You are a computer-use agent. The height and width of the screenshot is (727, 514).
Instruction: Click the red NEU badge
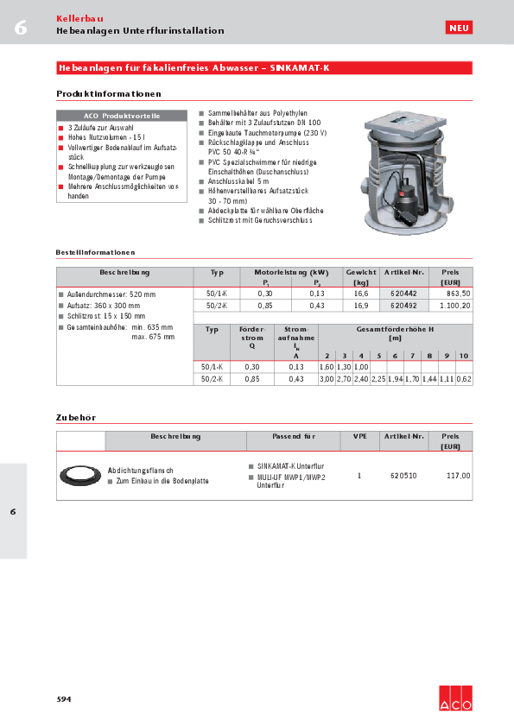tap(459, 28)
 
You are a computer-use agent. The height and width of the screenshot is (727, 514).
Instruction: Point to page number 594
tap(64, 698)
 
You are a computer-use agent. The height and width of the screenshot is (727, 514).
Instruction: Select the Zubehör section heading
tap(75, 417)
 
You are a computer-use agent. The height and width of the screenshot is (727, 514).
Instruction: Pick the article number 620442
tap(403, 294)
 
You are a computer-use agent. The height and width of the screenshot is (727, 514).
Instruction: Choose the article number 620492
tap(403, 305)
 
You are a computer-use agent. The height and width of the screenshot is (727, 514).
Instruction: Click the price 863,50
tap(457, 294)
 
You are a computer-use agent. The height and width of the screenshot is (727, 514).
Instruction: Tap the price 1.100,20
tap(454, 305)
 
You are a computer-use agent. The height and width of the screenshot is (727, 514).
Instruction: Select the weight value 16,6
tap(361, 294)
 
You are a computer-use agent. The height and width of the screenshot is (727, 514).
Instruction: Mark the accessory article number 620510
tap(403, 475)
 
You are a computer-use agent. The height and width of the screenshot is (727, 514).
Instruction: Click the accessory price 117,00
tap(458, 475)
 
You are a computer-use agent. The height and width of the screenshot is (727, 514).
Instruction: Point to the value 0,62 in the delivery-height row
tap(464, 378)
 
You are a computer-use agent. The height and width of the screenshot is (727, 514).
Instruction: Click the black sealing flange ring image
tap(79, 475)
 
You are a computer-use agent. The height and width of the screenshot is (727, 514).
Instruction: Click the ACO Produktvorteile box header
tap(122, 116)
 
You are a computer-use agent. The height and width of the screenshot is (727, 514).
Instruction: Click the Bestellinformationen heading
tap(95, 252)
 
